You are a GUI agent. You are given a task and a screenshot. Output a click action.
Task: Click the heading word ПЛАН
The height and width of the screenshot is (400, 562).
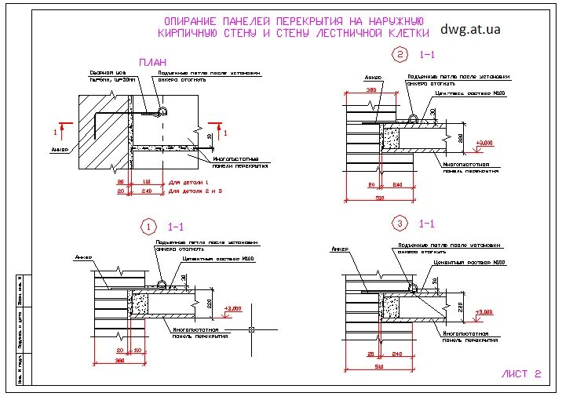pos(153,62)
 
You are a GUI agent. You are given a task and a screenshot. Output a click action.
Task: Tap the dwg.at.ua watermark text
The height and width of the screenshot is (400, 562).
pos(470,29)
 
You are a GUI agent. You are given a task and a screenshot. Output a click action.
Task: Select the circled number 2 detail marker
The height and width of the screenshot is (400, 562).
pos(401,54)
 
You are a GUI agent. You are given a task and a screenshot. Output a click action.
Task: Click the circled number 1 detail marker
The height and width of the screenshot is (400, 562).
pos(148,227)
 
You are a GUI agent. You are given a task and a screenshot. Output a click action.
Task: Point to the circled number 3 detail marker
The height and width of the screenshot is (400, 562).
pos(401,224)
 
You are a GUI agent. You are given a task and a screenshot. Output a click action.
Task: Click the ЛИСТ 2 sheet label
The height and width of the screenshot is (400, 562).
pos(521,374)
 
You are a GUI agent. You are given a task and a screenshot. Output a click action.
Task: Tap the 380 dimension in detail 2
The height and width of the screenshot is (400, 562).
pos(371,90)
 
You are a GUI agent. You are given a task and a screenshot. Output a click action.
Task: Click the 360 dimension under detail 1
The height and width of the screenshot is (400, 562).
pos(120,360)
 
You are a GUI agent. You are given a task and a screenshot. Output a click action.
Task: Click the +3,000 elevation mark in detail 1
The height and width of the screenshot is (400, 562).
pos(234,308)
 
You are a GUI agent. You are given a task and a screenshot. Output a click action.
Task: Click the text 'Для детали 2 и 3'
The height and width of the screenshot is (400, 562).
pos(196,191)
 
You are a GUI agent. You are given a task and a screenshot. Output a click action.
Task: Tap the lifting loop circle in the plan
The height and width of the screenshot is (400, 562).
pos(162,111)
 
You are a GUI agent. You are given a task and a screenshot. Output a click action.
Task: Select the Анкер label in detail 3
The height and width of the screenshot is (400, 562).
pos(339,249)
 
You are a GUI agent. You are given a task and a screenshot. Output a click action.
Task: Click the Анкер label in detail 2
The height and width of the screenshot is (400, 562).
pos(373,78)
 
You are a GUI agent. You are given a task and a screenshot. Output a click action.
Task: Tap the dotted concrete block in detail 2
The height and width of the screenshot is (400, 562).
pos(390,139)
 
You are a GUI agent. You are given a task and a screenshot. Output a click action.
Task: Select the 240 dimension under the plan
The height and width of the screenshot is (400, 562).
pos(145,191)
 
